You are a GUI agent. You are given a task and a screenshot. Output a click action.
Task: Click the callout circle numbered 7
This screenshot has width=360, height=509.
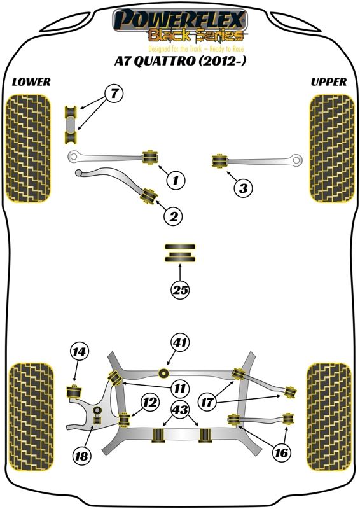114,94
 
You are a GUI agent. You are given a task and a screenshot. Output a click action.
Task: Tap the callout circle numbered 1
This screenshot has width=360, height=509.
176,179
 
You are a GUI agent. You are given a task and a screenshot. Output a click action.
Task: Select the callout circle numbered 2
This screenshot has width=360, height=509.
174,216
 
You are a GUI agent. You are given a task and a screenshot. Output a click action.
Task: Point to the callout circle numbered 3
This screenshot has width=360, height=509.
244,188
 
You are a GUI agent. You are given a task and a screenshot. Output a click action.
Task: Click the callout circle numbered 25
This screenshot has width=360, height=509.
181,289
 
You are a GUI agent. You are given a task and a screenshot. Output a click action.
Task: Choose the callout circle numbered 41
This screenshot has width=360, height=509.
181,342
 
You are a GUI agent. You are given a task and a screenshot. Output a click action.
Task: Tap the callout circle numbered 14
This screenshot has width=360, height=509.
80,352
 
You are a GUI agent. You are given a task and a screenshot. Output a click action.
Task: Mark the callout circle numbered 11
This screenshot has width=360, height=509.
180,387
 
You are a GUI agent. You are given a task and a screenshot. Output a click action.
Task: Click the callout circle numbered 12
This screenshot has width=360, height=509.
151,403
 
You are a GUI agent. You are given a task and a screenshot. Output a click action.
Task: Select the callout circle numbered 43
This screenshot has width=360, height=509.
180,409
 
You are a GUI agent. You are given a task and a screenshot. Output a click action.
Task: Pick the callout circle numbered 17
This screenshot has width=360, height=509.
207,402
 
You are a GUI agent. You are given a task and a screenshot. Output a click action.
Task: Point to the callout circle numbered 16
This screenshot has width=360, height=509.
281,452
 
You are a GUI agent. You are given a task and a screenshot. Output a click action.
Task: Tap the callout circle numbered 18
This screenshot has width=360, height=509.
81,456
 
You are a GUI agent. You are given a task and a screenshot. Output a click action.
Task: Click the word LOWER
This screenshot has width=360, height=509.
31,82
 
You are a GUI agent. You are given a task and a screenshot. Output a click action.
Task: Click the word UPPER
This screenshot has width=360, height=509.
329,82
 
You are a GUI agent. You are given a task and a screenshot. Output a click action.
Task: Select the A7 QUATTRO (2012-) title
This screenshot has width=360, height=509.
179,60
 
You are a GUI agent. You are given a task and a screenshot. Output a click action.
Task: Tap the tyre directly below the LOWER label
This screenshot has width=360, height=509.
29,148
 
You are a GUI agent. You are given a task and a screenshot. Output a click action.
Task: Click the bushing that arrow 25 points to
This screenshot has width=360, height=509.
180,253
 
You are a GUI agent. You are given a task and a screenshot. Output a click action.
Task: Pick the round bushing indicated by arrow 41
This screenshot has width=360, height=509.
164,373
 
